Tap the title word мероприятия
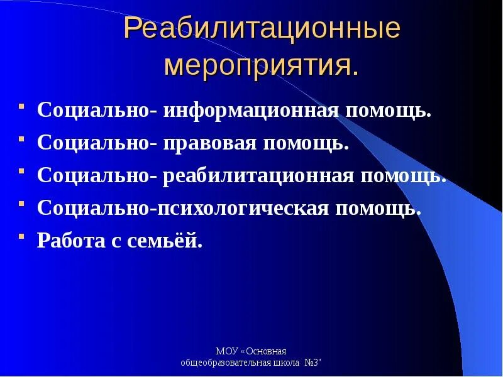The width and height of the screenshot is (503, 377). coord(262,66)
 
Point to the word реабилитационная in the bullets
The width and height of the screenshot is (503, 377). coord(258,175)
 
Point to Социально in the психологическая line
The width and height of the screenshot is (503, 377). coord(92,208)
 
